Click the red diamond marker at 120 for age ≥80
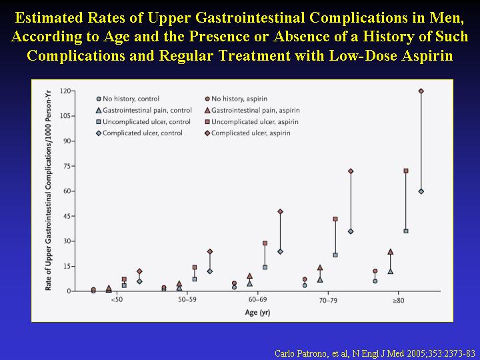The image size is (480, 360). point(421,91)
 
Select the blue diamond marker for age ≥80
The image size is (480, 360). point(421,191)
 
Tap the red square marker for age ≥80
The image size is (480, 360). point(405,171)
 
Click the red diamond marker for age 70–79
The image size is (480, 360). point(351,171)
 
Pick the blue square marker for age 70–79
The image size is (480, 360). point(335,255)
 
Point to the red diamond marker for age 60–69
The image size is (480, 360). point(280,211)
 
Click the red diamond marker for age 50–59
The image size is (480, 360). point(209,251)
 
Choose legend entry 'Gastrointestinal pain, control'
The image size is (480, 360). point(144,110)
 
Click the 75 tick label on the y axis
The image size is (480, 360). point(67,166)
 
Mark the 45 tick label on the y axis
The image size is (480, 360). point(67,216)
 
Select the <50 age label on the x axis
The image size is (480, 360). point(117,301)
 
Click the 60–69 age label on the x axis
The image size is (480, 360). point(257,301)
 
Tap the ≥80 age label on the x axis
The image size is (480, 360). point(398,301)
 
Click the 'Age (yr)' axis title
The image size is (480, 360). point(257,312)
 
